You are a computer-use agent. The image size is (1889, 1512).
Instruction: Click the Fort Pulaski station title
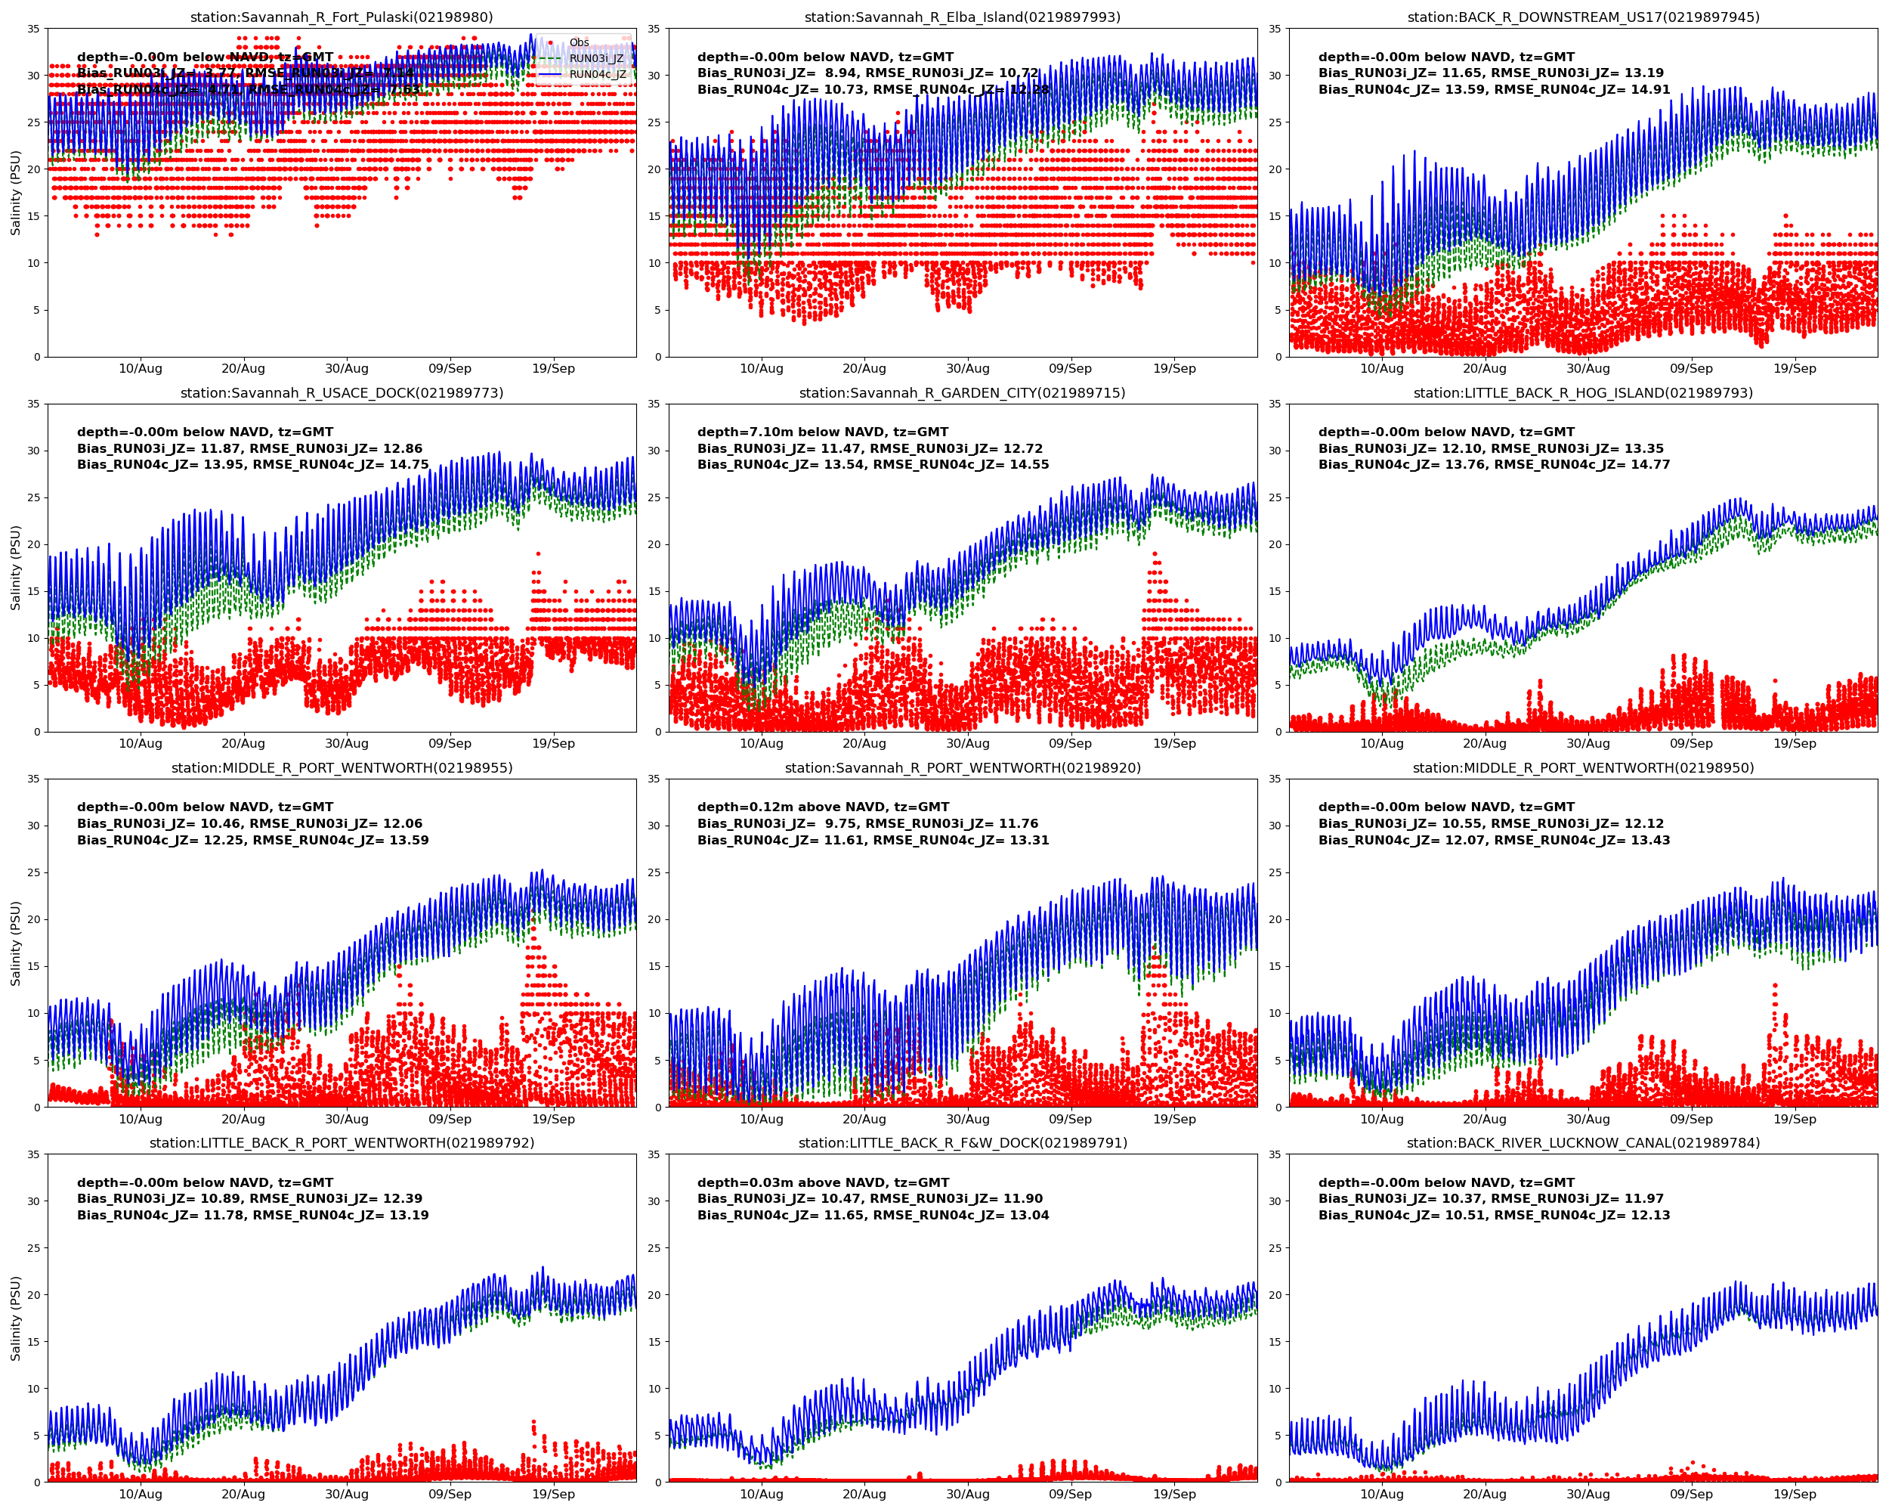[342, 17]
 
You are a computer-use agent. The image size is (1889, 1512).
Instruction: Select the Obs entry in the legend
[578, 43]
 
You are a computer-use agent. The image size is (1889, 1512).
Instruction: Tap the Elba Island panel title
[962, 17]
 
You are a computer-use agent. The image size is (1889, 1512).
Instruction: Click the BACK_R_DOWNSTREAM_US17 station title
[1583, 17]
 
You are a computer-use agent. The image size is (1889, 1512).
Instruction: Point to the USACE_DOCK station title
[342, 392]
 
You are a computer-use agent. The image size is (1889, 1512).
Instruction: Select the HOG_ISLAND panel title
[1583, 392]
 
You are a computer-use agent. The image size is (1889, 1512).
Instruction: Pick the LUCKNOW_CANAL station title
[1583, 1143]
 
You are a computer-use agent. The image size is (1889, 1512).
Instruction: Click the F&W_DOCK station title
[962, 1143]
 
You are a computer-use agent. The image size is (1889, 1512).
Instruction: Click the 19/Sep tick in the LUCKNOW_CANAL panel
[1795, 1495]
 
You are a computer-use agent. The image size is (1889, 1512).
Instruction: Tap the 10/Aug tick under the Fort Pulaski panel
[141, 369]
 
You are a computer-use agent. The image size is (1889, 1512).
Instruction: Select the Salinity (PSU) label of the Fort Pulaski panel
[16, 193]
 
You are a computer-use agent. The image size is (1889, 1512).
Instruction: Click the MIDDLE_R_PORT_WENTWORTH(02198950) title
[1583, 768]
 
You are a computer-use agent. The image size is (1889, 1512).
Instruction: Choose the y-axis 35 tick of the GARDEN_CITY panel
[653, 404]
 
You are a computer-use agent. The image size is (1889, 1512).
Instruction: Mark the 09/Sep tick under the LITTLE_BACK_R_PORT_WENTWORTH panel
[450, 1495]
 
